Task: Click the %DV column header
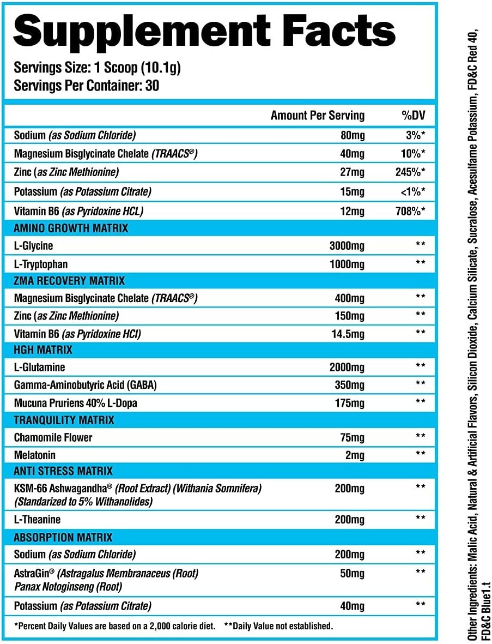[413, 116]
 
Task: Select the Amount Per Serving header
[318, 116]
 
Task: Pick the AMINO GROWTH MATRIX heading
[71, 228]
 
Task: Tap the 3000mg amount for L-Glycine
[347, 246]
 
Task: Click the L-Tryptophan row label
[41, 264]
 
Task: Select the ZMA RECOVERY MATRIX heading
[69, 281]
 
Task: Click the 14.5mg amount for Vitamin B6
[348, 334]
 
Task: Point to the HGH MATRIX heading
[43, 350]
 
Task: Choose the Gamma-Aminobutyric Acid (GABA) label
[86, 385]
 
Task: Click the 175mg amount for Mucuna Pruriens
[350, 403]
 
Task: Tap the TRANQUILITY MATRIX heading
[64, 420]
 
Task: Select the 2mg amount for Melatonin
[355, 455]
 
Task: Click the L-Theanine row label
[38, 520]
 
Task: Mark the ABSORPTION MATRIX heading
[63, 537]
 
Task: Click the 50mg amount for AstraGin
[353, 573]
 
